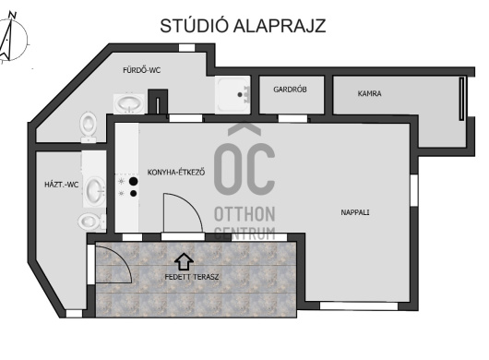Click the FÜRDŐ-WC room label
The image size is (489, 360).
[x=141, y=70]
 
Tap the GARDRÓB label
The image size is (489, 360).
[x=290, y=90]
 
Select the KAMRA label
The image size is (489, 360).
[x=369, y=93]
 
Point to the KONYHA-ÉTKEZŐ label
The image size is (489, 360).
[x=176, y=173]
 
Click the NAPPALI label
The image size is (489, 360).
[x=355, y=212]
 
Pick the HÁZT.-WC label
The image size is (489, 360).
[x=62, y=185]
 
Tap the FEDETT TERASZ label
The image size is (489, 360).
[x=192, y=277]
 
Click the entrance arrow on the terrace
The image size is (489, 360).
[x=184, y=261]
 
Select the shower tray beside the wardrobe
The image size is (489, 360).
[x=233, y=94]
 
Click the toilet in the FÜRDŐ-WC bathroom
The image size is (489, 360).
[x=89, y=126]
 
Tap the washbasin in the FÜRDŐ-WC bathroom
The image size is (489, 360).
[x=129, y=103]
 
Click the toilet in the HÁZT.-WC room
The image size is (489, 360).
[x=91, y=222]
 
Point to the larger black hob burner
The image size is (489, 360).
[x=134, y=181]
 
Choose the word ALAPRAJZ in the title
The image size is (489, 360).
[x=280, y=26]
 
